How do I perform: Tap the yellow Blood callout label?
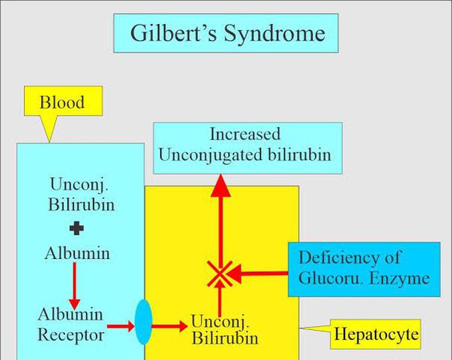[62, 103]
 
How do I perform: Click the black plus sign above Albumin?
[77, 229]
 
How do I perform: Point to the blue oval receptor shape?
[144, 322]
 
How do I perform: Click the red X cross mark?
[219, 273]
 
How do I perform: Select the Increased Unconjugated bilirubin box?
[247, 144]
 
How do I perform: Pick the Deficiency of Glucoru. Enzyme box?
[364, 268]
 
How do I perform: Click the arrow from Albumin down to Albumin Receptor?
[75, 282]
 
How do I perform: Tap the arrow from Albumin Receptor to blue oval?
[122, 325]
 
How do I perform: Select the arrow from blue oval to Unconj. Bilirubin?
[169, 325]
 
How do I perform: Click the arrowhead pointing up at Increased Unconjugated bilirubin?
[219, 186]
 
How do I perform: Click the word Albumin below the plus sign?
[77, 253]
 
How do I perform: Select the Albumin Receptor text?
[70, 324]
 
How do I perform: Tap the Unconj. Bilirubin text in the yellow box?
[224, 329]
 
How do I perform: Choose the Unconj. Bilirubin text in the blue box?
[80, 193]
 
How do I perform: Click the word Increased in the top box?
[245, 134]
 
